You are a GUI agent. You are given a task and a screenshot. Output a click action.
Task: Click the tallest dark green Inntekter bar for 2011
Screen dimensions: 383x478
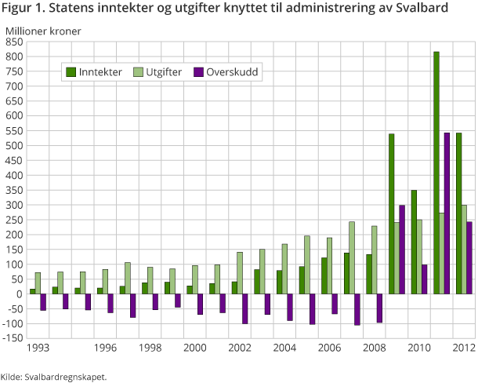(x=436, y=173)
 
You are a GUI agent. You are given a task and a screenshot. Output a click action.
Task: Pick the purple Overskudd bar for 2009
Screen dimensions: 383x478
(x=403, y=250)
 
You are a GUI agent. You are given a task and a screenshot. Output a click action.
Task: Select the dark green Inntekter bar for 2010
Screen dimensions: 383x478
(x=414, y=242)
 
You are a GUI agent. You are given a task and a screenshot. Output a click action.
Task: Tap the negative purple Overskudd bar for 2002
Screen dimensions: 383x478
(x=245, y=308)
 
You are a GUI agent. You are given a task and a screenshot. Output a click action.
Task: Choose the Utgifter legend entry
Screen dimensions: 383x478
(x=157, y=72)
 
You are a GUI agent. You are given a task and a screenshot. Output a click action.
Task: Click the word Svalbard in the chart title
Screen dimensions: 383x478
(x=423, y=10)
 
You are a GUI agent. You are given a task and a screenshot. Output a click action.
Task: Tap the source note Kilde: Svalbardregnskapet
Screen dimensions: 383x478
(x=54, y=376)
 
